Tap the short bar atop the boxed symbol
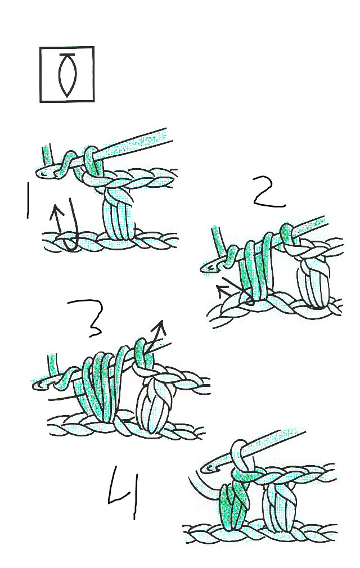coord(67,55)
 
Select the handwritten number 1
coord(26,200)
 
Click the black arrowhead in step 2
coord(220,289)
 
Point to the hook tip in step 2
coord(208,269)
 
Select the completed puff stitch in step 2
coord(313,284)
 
